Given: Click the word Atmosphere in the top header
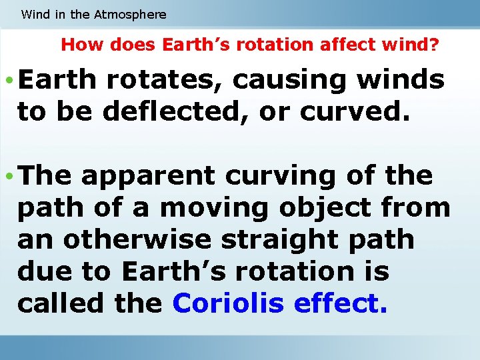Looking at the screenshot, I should pos(131,14).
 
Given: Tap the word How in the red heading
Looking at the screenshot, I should pos(77,45).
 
